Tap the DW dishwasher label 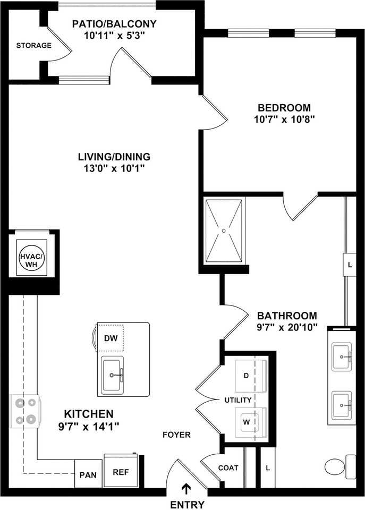[110, 338]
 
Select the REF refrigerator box [121, 471]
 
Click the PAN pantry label [87, 475]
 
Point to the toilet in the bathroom [338, 466]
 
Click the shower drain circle [224, 231]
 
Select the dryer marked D [247, 376]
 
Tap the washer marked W [247, 422]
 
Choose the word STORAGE [33, 45]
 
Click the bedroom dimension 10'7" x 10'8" [285, 119]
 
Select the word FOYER [176, 435]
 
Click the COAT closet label [228, 468]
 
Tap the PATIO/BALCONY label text [115, 24]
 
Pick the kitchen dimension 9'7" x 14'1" [89, 426]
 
